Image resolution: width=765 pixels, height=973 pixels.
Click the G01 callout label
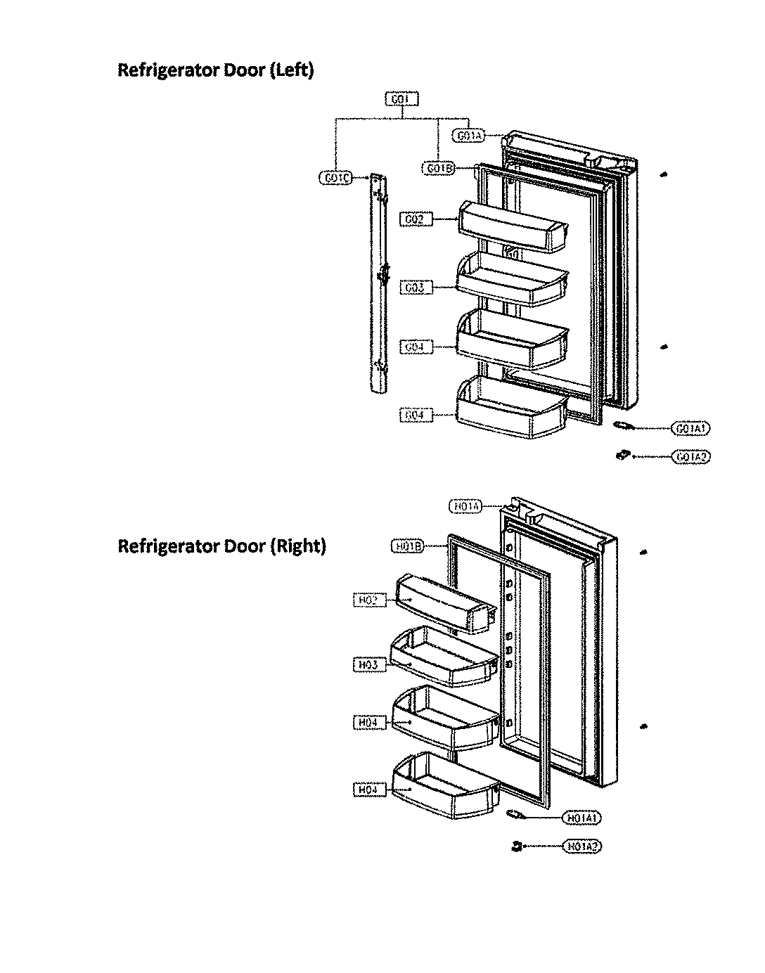pos(401,99)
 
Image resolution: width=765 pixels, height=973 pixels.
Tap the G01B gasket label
pos(439,168)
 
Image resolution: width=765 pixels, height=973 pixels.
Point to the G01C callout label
pos(335,178)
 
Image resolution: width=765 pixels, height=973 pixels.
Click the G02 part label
pos(416,219)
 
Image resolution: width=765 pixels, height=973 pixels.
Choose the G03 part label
pos(416,288)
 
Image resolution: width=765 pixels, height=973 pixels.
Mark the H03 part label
pos(369,665)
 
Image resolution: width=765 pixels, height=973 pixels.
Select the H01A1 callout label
pos(582,818)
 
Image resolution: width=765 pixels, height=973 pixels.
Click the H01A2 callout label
pos(582,846)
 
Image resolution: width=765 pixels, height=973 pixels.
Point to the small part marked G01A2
pos(621,456)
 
